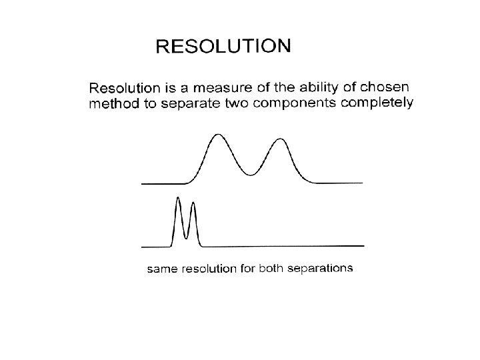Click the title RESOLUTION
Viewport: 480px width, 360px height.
(223, 47)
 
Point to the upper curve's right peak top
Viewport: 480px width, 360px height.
(280, 139)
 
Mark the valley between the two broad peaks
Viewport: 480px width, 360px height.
(251, 175)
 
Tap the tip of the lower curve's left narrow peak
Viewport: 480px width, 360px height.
(178, 198)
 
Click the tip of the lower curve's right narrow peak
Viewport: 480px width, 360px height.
(193, 201)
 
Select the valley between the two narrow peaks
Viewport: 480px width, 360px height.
(186, 237)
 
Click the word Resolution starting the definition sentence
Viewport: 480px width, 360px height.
(122, 88)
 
